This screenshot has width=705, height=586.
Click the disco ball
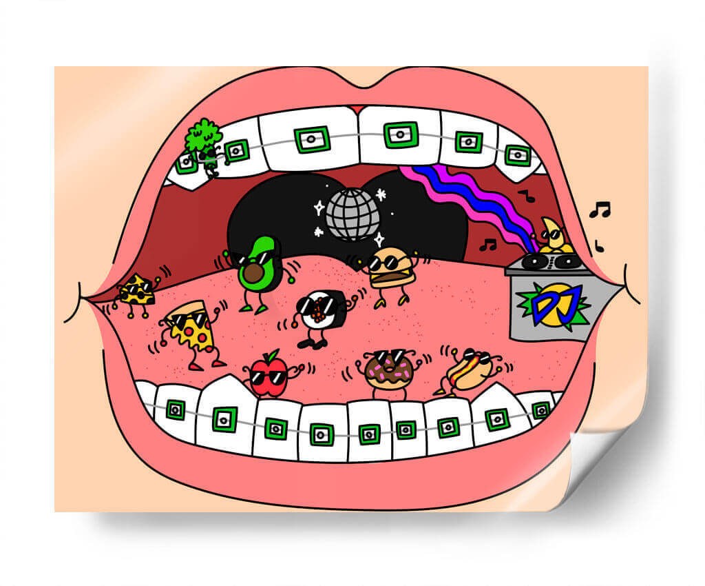(x=352, y=214)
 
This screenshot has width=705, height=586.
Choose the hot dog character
(x=470, y=371)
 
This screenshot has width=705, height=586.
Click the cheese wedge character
(x=137, y=292)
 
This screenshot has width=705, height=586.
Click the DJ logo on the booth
(x=554, y=304)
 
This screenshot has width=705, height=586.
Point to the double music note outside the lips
(x=600, y=210)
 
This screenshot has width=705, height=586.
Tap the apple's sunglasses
(x=269, y=376)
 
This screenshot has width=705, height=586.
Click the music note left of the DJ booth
(x=488, y=245)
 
